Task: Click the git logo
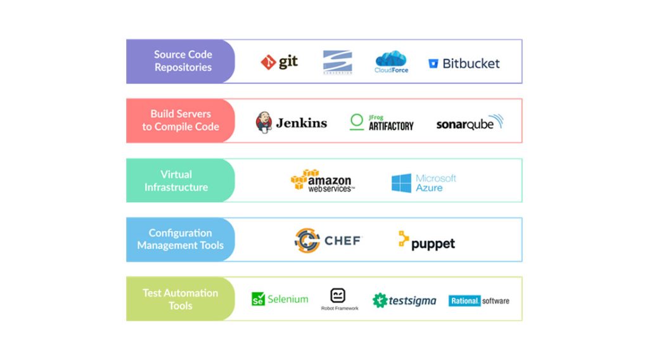tap(279, 62)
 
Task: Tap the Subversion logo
tap(337, 62)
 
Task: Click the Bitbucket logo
tap(464, 63)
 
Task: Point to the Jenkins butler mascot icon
tap(264, 122)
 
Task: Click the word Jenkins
tap(301, 123)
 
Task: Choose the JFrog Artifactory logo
tap(382, 122)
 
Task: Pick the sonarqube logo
tap(469, 123)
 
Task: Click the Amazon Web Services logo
tap(323, 181)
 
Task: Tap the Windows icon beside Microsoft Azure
tap(401, 183)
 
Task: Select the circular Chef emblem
tap(307, 241)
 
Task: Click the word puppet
tap(433, 244)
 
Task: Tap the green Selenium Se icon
tap(258, 299)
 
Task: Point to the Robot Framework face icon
tap(338, 295)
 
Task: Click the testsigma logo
tap(404, 300)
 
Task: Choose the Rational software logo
tap(479, 300)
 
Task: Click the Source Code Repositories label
tap(183, 61)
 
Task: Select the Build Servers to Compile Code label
tap(181, 120)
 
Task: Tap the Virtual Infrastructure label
tap(176, 181)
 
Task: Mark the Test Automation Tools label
tap(180, 299)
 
